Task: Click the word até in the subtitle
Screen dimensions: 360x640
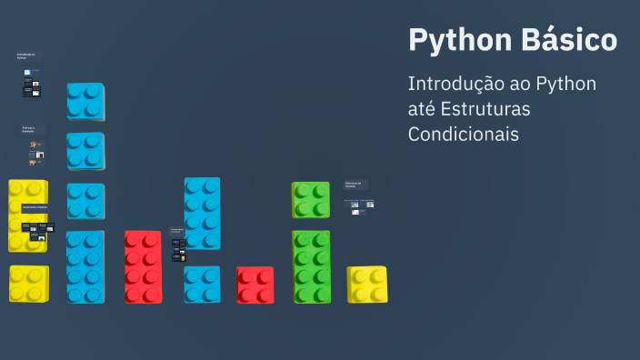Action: pos(422,109)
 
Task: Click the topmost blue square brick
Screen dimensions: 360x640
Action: pos(85,101)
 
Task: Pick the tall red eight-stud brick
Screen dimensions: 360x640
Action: pos(143,266)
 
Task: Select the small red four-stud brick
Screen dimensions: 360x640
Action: pos(255,285)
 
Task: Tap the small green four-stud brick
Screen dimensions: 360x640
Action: pos(311,200)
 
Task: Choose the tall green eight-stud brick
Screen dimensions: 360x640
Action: pos(311,266)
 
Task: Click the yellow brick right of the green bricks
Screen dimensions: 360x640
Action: pos(367,285)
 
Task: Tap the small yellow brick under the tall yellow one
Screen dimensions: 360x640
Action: pos(29,284)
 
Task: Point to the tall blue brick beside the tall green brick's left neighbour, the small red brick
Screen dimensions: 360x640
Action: pos(202,213)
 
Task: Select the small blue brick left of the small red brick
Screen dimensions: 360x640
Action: pos(202,285)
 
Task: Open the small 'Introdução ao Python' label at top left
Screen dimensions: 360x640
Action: pos(27,56)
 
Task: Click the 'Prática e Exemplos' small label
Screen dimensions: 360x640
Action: pos(33,130)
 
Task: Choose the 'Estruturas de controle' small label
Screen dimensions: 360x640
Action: pos(355,185)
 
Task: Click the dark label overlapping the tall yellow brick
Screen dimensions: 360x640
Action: pos(35,208)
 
